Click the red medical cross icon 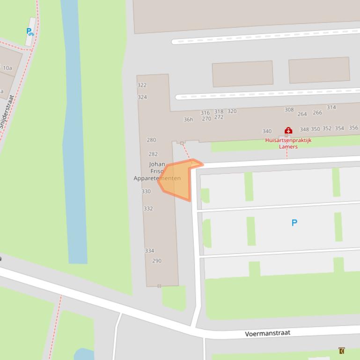[288, 131]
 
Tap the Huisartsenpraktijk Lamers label [288, 143]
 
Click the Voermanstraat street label [267, 333]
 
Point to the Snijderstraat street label [7, 112]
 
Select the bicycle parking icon [30, 32]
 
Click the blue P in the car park [294, 223]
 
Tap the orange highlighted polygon [177, 180]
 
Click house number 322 [142, 85]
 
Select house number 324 [142, 97]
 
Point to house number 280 [151, 140]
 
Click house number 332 [148, 209]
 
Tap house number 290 [157, 261]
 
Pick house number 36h [188, 120]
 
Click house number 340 [267, 131]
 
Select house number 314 [331, 108]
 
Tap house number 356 [353, 128]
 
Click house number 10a [7, 68]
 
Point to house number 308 [289, 110]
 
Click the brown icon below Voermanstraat [342, 351]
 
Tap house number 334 [149, 251]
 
